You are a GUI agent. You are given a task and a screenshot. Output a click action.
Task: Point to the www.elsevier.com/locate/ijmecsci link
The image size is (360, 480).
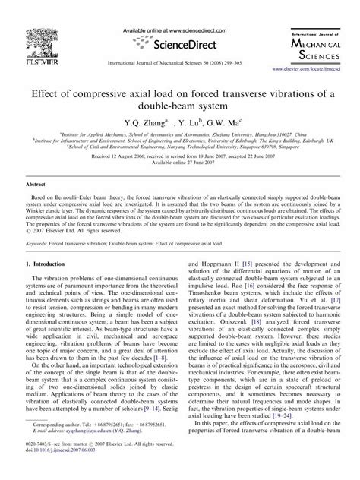317,56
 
